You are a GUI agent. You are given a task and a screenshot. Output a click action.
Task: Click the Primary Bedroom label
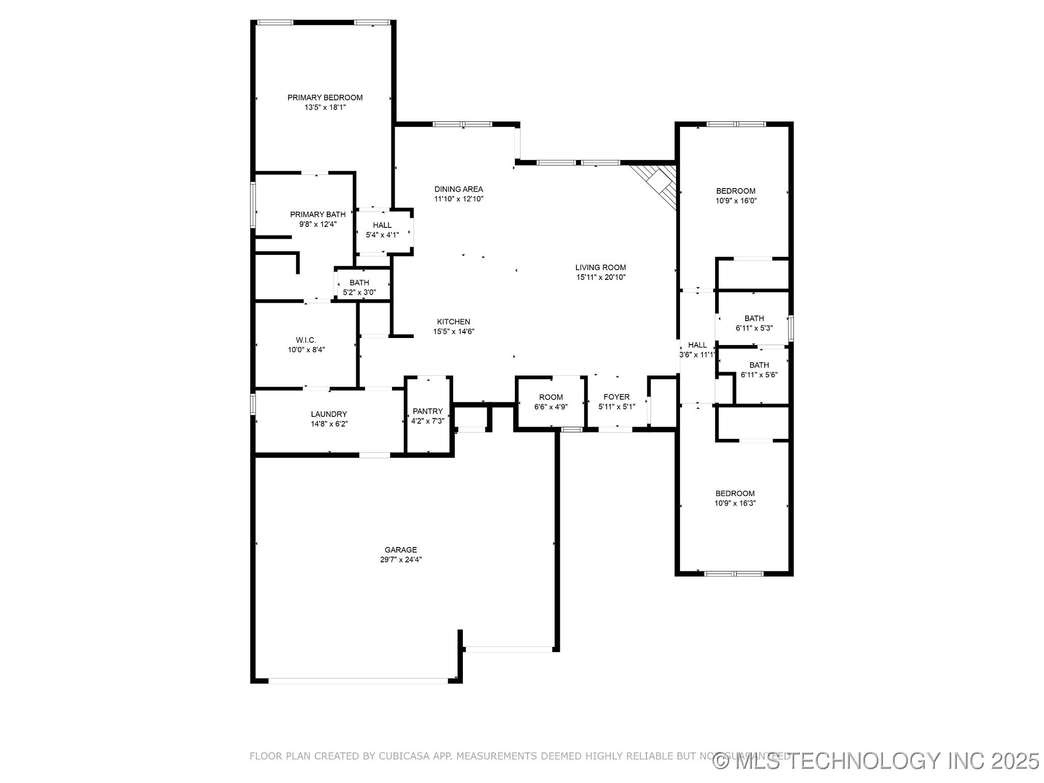325,97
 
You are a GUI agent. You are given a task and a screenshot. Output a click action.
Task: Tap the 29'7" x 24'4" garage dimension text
400,559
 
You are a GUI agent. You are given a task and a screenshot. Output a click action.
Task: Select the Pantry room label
428,411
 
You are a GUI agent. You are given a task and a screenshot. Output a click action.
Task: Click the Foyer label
616,397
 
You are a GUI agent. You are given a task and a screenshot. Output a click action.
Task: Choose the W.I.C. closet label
306,340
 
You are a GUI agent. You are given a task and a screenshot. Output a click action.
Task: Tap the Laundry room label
329,414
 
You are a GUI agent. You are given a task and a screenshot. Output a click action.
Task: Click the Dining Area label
458,189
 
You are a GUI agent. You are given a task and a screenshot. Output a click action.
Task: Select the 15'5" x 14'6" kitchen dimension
454,331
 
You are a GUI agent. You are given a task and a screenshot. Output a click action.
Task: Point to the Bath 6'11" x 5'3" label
754,319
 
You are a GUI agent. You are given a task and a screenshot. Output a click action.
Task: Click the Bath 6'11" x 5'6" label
759,365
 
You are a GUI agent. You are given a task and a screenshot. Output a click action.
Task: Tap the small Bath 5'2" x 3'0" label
359,283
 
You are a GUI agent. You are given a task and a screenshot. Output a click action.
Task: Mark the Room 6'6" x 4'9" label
551,397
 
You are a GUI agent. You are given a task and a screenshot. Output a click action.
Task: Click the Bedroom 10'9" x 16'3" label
735,493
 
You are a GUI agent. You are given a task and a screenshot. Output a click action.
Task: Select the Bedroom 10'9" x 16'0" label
736,191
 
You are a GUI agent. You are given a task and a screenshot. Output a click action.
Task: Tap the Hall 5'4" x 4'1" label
382,225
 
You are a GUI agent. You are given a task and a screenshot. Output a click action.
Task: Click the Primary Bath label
318,215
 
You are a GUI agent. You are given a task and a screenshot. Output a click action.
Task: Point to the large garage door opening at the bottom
358,680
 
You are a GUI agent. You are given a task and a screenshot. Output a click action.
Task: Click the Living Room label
600,268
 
